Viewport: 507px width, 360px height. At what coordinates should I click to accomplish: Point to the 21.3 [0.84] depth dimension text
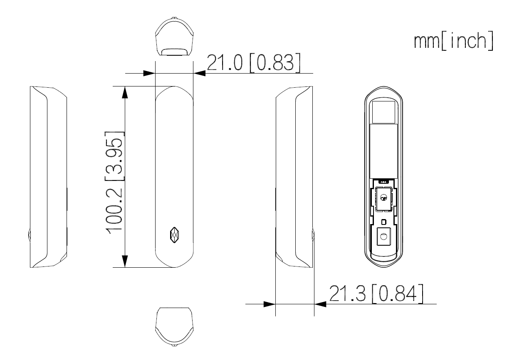click(377, 293)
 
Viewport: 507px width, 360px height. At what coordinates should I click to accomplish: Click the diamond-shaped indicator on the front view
click(174, 234)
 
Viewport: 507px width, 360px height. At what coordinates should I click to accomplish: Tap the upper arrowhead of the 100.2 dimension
click(124, 92)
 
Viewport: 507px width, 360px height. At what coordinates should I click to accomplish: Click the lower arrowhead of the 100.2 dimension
click(124, 261)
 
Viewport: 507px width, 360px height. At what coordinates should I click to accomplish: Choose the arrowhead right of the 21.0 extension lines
click(200, 73)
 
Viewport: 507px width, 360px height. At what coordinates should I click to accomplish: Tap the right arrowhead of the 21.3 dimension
click(320, 304)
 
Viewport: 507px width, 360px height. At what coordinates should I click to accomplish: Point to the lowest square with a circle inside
click(383, 237)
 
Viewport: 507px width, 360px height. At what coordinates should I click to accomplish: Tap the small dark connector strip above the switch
click(383, 182)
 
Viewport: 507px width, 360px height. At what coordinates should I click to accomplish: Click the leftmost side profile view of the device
click(48, 176)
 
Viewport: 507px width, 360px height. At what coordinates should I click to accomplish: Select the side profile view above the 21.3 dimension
click(294, 176)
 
